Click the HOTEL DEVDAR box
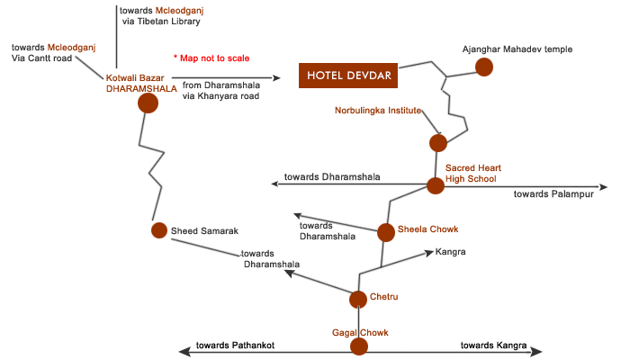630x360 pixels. [348, 75]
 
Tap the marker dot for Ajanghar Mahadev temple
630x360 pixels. [484, 67]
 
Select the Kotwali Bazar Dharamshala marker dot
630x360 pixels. [148, 103]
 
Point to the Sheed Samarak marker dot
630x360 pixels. [159, 230]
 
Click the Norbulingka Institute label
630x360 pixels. [378, 111]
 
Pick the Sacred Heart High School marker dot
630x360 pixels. [435, 186]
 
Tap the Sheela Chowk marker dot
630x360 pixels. [386, 232]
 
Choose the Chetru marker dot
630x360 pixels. [358, 300]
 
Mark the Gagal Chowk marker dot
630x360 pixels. [359, 346]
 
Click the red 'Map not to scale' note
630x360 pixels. [211, 58]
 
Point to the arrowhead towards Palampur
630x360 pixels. [603, 187]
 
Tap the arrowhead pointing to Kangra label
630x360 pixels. [428, 253]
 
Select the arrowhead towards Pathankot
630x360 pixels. [184, 352]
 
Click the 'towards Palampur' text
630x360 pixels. [553, 194]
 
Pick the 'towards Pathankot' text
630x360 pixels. [235, 345]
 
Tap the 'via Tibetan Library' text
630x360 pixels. [161, 22]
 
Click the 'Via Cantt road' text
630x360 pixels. [41, 58]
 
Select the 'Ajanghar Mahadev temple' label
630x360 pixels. [517, 49]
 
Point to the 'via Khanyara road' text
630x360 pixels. [220, 96]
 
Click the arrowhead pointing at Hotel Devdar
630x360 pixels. [276, 77]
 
